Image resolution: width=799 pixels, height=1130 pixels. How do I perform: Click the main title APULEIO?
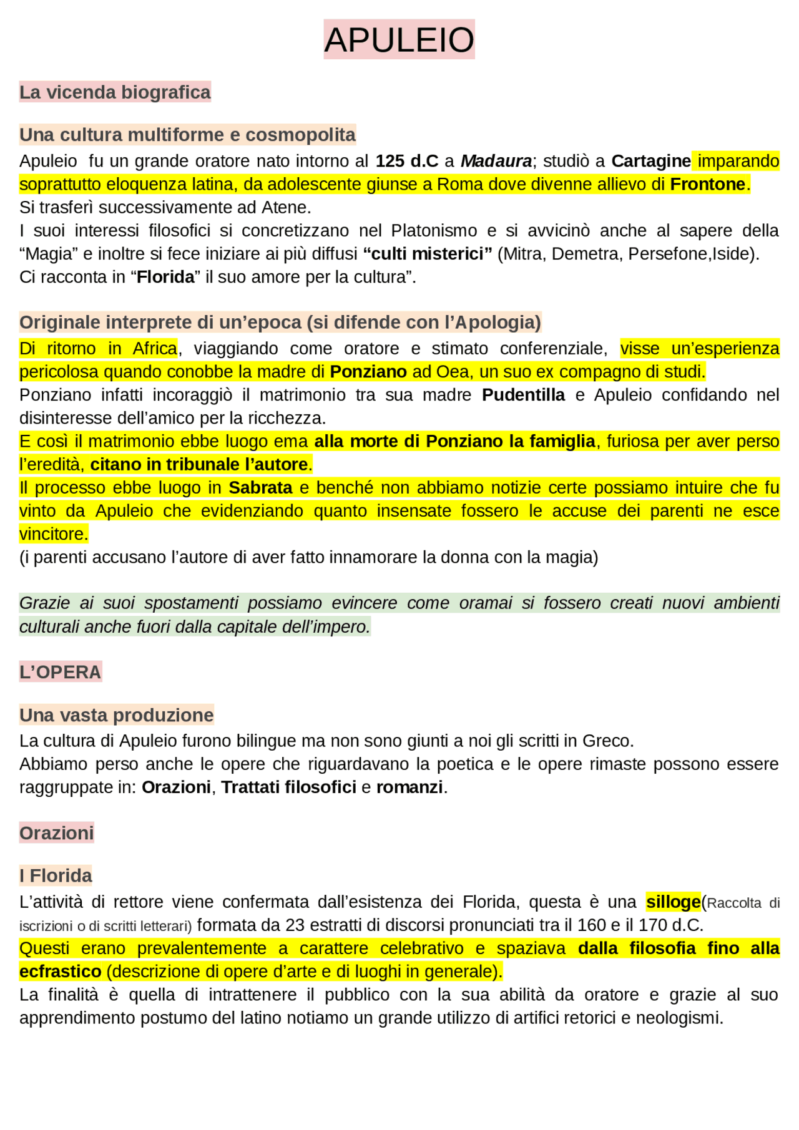pyautogui.click(x=399, y=40)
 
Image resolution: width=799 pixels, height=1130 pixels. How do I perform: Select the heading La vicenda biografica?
pyautogui.click(x=115, y=92)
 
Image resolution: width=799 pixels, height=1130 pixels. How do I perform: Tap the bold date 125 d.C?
pyautogui.click(x=406, y=161)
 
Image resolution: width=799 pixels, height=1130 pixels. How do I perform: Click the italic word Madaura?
pyautogui.click(x=496, y=161)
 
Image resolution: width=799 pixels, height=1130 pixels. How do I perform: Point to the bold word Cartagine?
pyautogui.click(x=650, y=161)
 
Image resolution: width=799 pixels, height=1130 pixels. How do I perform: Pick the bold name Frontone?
pyautogui.click(x=708, y=185)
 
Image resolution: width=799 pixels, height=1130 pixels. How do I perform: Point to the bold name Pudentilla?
pyautogui.click(x=523, y=395)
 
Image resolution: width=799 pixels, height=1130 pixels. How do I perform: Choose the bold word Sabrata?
pyautogui.click(x=260, y=488)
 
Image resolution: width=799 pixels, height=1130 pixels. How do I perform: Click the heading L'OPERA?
pyautogui.click(x=60, y=672)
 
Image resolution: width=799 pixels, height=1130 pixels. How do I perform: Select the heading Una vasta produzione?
pyautogui.click(x=116, y=715)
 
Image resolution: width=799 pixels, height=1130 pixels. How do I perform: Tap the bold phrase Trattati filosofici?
pyautogui.click(x=288, y=787)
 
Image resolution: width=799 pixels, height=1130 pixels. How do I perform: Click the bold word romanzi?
pyautogui.click(x=409, y=787)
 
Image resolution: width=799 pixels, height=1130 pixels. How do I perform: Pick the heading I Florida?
pyautogui.click(x=56, y=876)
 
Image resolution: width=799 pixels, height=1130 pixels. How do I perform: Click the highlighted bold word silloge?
pyautogui.click(x=673, y=902)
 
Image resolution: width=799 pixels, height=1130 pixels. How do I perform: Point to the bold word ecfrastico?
pyautogui.click(x=60, y=972)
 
